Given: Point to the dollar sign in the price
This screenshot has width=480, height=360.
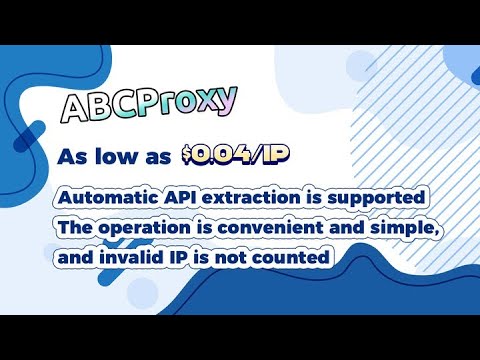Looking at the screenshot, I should point(189,154).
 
